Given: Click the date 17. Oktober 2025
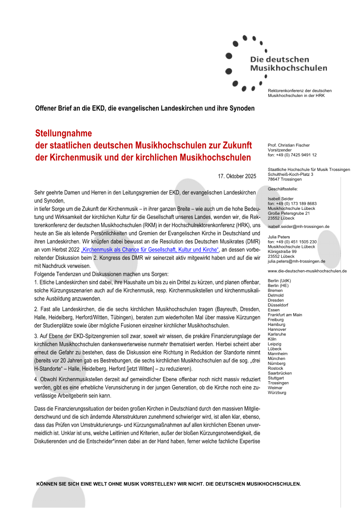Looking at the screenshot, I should coord(237,176).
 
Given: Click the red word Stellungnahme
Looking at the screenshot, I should coord(63,134).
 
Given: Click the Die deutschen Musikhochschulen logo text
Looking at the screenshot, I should coord(288,64).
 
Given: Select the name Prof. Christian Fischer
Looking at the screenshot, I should coord(289,145).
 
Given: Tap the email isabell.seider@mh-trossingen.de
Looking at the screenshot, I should coord(298,226).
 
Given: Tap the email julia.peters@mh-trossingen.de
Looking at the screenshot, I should coord(297,261).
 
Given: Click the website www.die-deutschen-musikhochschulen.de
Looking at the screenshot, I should coord(307,271).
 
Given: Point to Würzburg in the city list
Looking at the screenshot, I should coord(277,393).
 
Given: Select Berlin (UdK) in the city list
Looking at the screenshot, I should coord(279,281).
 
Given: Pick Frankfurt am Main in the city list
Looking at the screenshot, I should coord(285,315).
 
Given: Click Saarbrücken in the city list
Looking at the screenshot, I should coord(280,373).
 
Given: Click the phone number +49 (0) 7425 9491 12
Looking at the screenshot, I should coord(296,155).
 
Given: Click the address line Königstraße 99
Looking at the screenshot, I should coord(282,251).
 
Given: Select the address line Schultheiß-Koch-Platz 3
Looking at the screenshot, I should coord(291,175).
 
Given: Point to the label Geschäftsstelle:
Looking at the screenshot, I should coord(283,189).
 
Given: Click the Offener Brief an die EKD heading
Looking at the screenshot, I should coord(145,108).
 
